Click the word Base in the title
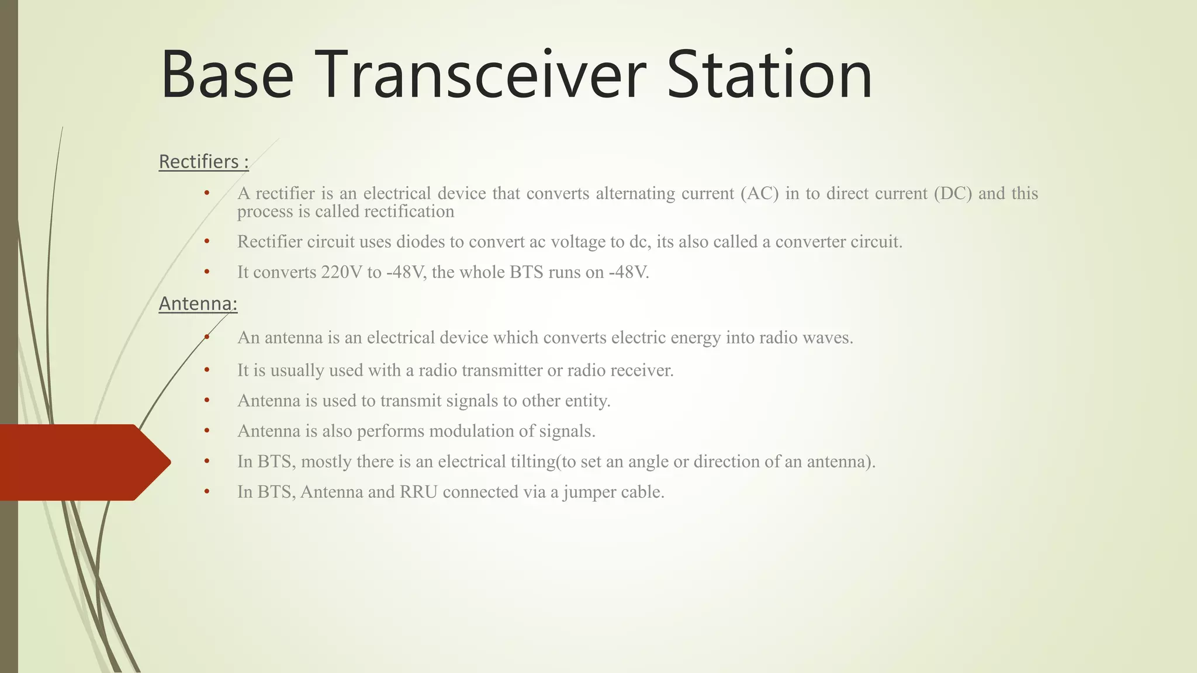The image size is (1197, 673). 227,75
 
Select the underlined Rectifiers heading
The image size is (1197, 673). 203,161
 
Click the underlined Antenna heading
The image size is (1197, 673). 198,304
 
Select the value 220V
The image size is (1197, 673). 341,272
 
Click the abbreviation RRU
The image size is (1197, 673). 418,492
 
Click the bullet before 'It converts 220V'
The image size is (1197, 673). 207,272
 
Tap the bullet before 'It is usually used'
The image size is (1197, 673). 207,370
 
